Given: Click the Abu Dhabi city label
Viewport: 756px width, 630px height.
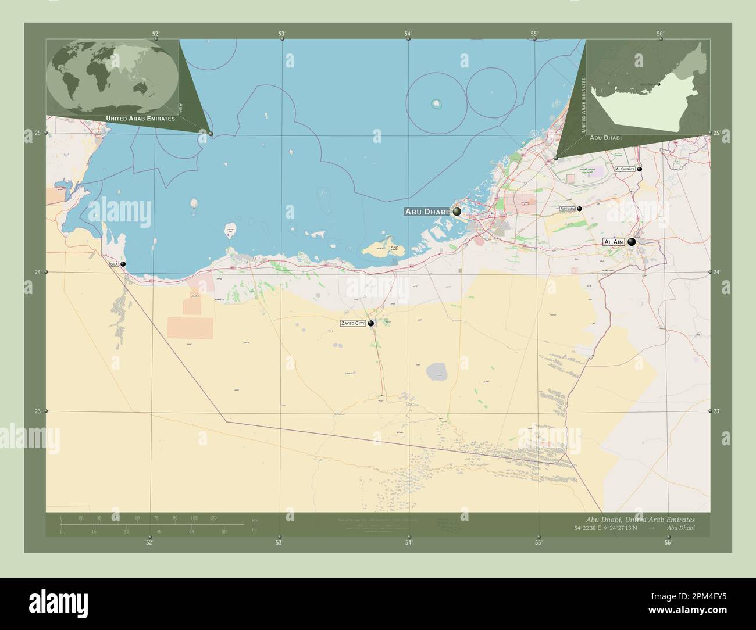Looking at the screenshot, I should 427,212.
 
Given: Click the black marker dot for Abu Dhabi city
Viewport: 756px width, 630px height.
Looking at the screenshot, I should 457,212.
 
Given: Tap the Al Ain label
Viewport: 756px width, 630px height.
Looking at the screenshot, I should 614,242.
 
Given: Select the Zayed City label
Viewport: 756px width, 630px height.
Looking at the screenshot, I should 353,323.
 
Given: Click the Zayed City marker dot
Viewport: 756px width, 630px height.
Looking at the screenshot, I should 370,323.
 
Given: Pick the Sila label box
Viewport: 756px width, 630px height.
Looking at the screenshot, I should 113,264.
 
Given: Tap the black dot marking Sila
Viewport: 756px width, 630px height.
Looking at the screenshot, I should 123,264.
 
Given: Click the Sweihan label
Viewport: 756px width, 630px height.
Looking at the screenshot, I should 567,208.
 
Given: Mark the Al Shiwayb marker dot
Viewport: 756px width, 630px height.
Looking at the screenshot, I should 639,169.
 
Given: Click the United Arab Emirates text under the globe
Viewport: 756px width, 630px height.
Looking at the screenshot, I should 141,118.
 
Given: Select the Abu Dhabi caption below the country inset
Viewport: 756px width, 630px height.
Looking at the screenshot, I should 605,138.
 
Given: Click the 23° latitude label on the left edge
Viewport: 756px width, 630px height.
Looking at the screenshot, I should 37,411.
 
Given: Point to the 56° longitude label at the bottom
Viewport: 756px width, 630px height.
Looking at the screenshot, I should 668,543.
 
